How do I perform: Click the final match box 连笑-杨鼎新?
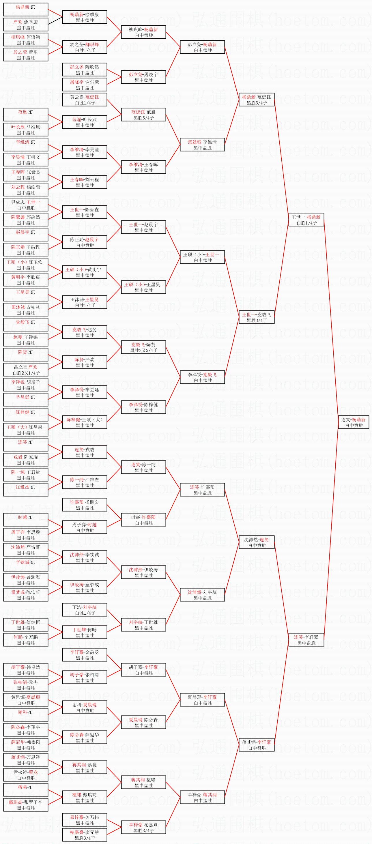(x=354, y=422)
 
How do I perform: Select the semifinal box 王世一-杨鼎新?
(x=306, y=220)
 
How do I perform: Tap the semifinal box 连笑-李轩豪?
(x=306, y=639)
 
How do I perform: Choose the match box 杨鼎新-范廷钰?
(x=256, y=100)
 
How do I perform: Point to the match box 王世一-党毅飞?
(x=256, y=317)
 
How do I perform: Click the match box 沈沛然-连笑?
(x=256, y=542)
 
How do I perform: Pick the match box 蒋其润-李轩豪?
(x=256, y=745)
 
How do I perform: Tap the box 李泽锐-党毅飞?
(x=202, y=377)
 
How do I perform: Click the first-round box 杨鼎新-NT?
(x=26, y=10)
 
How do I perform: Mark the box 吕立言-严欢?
(x=26, y=370)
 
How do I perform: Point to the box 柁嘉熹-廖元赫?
(x=85, y=835)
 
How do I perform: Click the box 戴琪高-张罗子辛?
(x=26, y=805)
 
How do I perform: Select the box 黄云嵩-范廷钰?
(x=85, y=100)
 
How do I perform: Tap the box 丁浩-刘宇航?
(x=85, y=610)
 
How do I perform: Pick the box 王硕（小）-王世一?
(x=202, y=257)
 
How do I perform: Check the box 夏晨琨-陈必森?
(x=143, y=722)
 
